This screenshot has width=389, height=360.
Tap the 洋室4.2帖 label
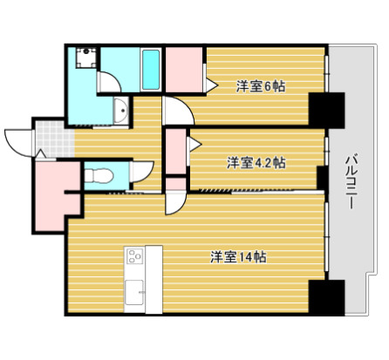coord(256,162)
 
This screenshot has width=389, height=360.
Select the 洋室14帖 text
coord(239,257)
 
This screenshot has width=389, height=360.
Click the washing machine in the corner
coord(85,58)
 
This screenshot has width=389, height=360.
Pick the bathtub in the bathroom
coord(150,70)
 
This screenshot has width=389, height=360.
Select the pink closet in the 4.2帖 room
coord(175,151)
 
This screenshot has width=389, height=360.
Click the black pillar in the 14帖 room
coord(327,298)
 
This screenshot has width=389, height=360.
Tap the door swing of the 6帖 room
coord(175,112)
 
